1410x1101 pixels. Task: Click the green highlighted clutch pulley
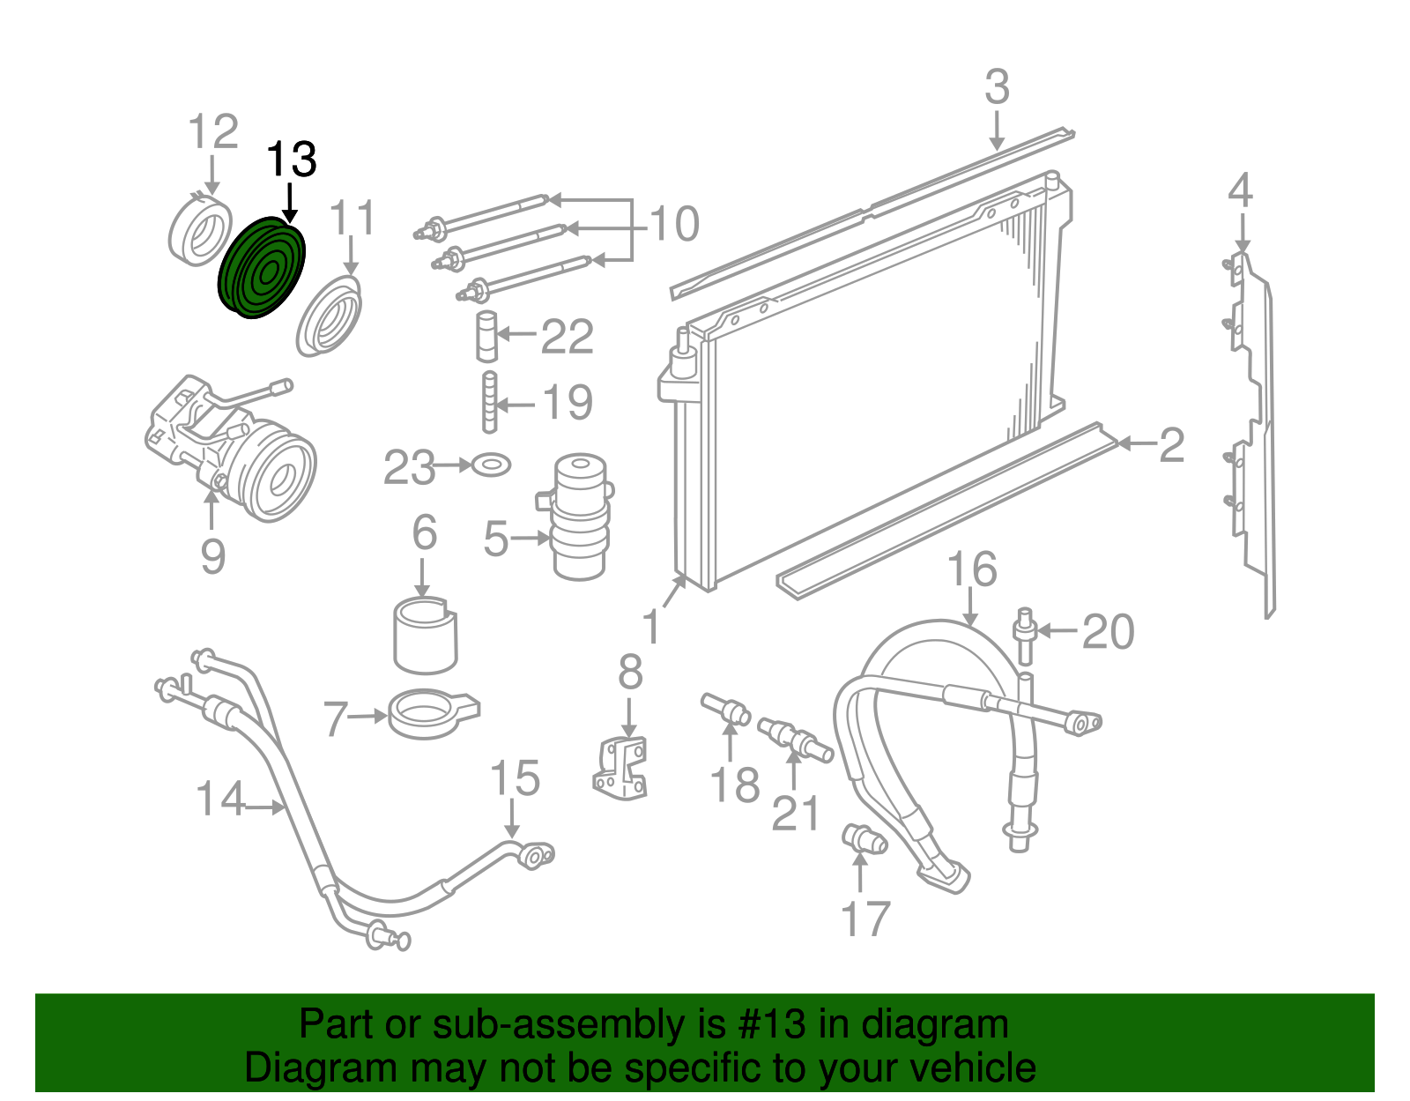pyautogui.click(x=262, y=268)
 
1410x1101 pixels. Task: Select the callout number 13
pyautogui.click(x=292, y=160)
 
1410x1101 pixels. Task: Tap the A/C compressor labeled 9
pyautogui.click(x=230, y=449)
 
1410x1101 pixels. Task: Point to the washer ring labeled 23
pyautogui.click(x=491, y=465)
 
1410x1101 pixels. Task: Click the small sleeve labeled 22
pyautogui.click(x=487, y=336)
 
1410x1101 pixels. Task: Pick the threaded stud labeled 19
pyautogui.click(x=490, y=402)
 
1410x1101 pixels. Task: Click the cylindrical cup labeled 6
pyautogui.click(x=426, y=636)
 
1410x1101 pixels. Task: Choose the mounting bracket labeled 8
pyautogui.click(x=620, y=766)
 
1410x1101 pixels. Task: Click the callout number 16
pyautogui.click(x=972, y=569)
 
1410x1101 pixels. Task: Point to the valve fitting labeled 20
pyautogui.click(x=1025, y=636)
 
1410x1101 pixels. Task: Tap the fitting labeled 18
pyautogui.click(x=725, y=709)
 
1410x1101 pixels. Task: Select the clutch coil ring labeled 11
pyautogui.click(x=329, y=316)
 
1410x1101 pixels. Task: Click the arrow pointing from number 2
pyautogui.click(x=1138, y=444)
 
